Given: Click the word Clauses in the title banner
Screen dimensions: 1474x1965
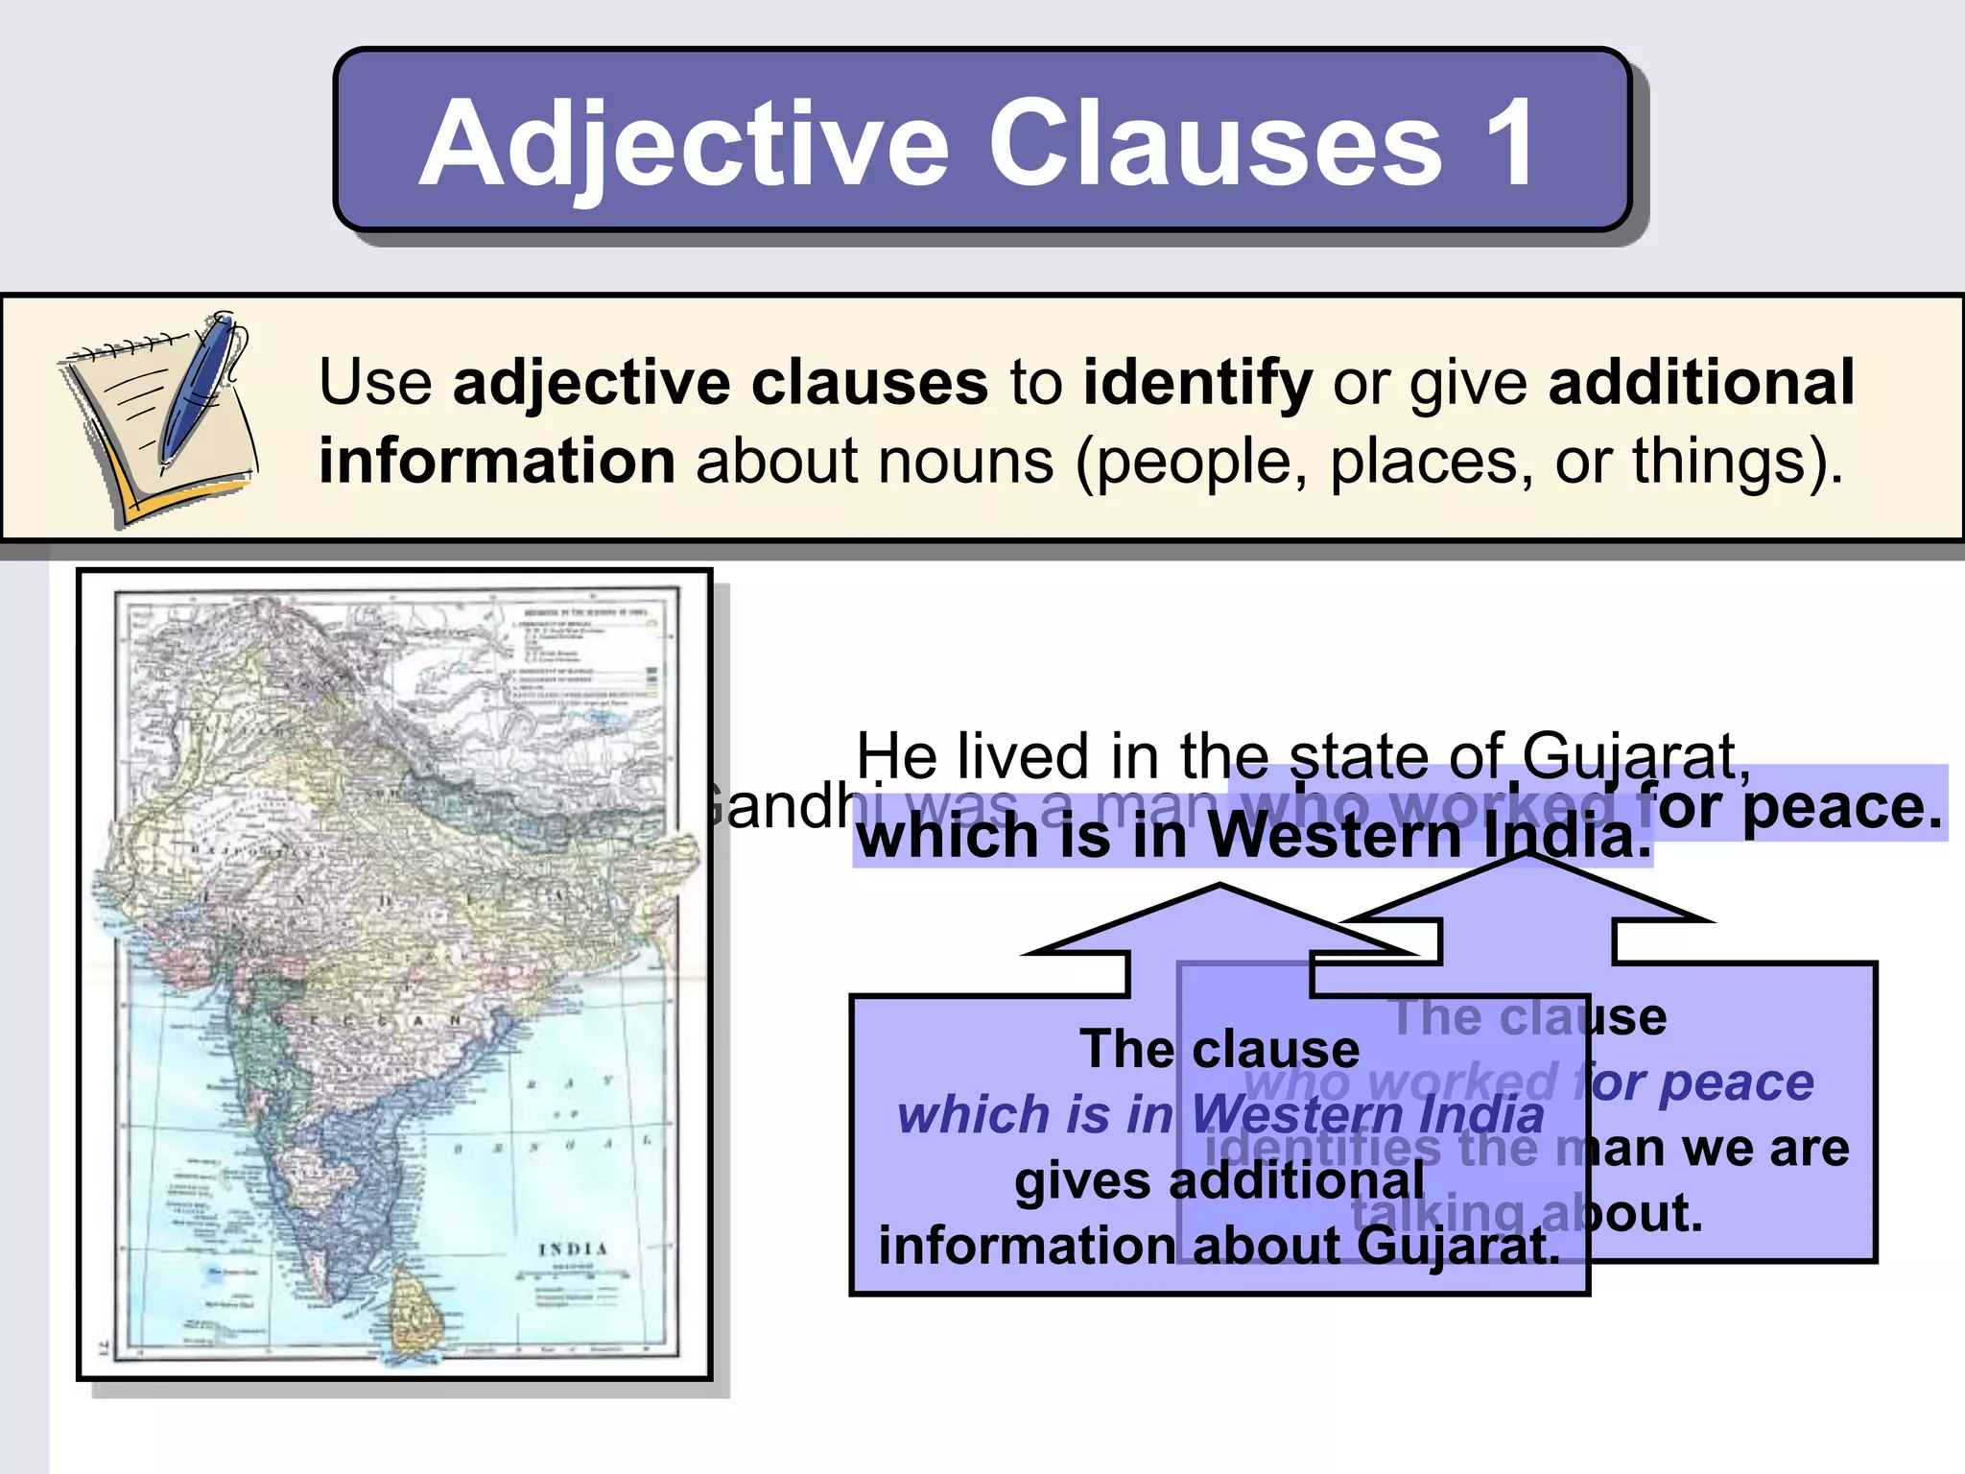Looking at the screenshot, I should pos(1215,144).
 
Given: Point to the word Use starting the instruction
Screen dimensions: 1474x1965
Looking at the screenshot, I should pos(375,382).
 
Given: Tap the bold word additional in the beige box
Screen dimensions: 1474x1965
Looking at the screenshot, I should pos(1701,382).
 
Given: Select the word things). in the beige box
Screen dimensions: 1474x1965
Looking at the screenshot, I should pos(1738,461).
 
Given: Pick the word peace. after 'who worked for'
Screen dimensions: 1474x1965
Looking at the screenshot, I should pos(1842,806).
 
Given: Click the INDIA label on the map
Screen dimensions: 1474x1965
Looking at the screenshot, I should pos(573,1248).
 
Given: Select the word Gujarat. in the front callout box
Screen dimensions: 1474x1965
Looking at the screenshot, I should pos(1458,1246).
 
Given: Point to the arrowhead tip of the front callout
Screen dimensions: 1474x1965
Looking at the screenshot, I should pos(1219,889).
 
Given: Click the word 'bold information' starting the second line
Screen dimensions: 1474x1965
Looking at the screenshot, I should pos(497,461).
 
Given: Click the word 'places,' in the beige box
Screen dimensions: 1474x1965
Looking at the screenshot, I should pos(1431,461).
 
